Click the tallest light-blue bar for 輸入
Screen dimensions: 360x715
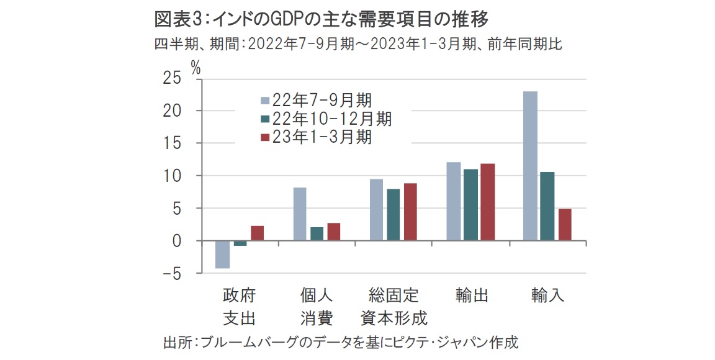pyautogui.click(x=530, y=166)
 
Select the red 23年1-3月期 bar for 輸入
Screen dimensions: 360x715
pyautogui.click(x=564, y=225)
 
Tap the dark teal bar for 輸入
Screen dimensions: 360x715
pyautogui.click(x=547, y=206)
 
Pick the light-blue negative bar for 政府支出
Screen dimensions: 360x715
pyautogui.click(x=223, y=254)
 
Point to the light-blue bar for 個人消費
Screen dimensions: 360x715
pyautogui.click(x=300, y=214)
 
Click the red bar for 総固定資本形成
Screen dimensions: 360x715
pyautogui.click(x=411, y=212)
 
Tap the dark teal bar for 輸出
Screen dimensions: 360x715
pyautogui.click(x=470, y=205)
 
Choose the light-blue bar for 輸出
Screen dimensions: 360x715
pyautogui.click(x=454, y=201)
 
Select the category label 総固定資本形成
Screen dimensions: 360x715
pyautogui.click(x=394, y=307)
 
